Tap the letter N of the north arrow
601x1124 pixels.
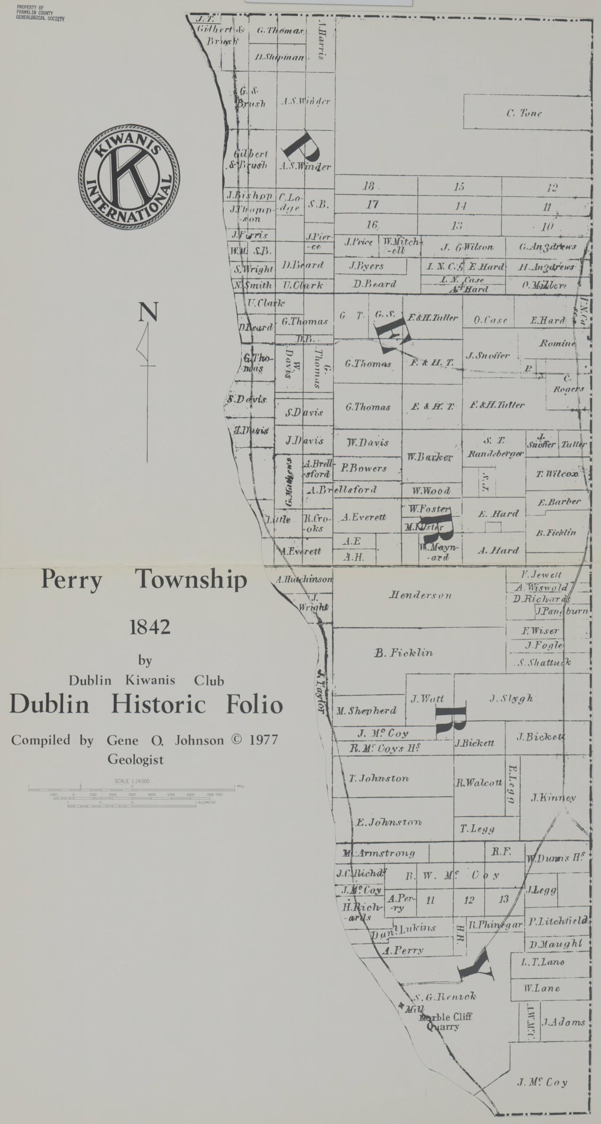[x=148, y=313]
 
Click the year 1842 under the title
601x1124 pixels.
[x=150, y=628]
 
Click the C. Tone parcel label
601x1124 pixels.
[x=524, y=113]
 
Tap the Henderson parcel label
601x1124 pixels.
[x=420, y=595]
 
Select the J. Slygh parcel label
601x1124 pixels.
[x=511, y=699]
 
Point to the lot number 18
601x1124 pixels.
[x=368, y=186]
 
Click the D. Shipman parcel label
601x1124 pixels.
[x=279, y=57]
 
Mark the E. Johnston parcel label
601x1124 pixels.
[x=388, y=823]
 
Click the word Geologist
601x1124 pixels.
[x=136, y=760]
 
